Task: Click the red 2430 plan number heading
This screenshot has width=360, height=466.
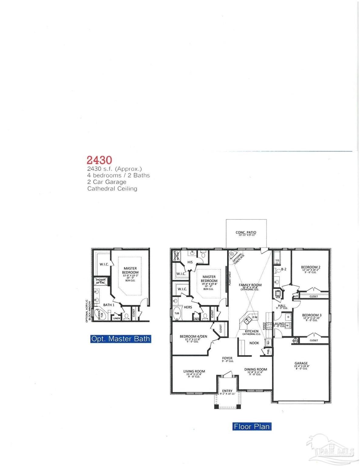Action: point(100,160)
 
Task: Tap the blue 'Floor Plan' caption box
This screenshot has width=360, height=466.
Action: point(252,426)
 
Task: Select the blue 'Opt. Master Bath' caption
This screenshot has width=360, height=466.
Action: point(121,339)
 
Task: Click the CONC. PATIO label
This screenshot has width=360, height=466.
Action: point(246,233)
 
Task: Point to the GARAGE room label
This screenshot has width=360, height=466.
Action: point(301,363)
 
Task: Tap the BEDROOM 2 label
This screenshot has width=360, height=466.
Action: point(311,267)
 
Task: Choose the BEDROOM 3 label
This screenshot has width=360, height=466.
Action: point(311,315)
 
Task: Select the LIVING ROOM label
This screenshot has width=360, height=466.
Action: point(194,371)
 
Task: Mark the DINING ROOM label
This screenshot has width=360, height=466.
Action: point(256,369)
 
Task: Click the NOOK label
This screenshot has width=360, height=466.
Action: point(254,343)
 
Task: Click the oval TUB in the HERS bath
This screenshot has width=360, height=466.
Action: point(177,313)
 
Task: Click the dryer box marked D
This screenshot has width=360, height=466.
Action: point(288,317)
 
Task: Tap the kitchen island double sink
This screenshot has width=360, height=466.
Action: point(247,319)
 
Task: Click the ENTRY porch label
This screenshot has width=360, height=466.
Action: point(227,391)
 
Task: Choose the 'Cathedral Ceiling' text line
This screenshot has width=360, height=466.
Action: point(112,188)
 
